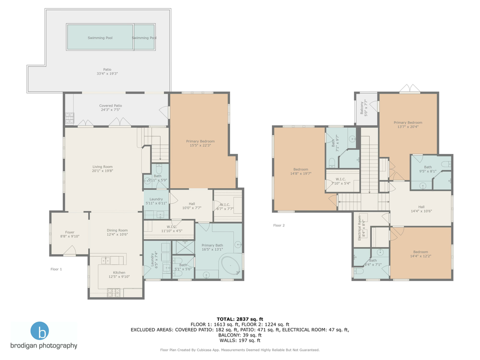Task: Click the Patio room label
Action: pos(104,71)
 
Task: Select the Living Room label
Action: pos(102,169)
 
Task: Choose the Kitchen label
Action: pos(119,274)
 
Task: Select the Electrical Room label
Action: pos(360,228)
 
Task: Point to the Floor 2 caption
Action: pos(278,225)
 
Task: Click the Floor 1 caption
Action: pos(56,269)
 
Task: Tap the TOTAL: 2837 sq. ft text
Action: pos(239,318)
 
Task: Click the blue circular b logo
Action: pos(40,331)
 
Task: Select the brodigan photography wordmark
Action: pos(44,345)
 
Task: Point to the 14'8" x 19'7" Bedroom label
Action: pos(300,171)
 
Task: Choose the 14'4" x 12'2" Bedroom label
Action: pos(420,254)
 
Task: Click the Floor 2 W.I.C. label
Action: pos(340,181)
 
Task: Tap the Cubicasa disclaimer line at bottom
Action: pos(239,350)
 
